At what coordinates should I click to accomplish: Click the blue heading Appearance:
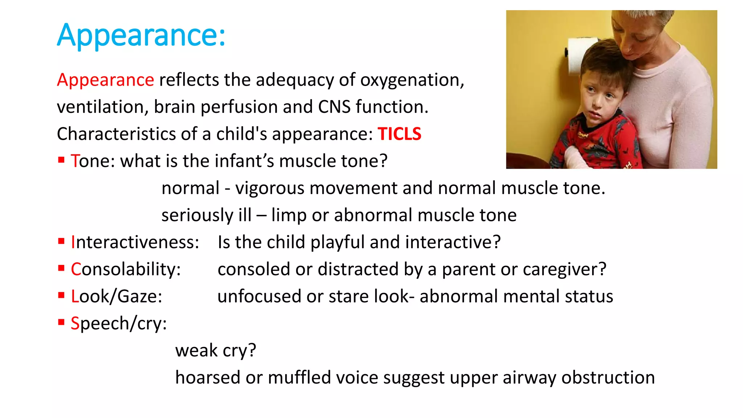(x=141, y=35)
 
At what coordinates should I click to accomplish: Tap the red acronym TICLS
(x=399, y=134)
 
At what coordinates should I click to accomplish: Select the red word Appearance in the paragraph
(x=106, y=80)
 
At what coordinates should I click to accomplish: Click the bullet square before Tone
(x=61, y=160)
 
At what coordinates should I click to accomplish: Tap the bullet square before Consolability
(x=61, y=268)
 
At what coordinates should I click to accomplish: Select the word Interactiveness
(x=135, y=242)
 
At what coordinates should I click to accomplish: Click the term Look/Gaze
(x=116, y=296)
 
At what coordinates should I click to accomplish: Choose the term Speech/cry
(x=119, y=323)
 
